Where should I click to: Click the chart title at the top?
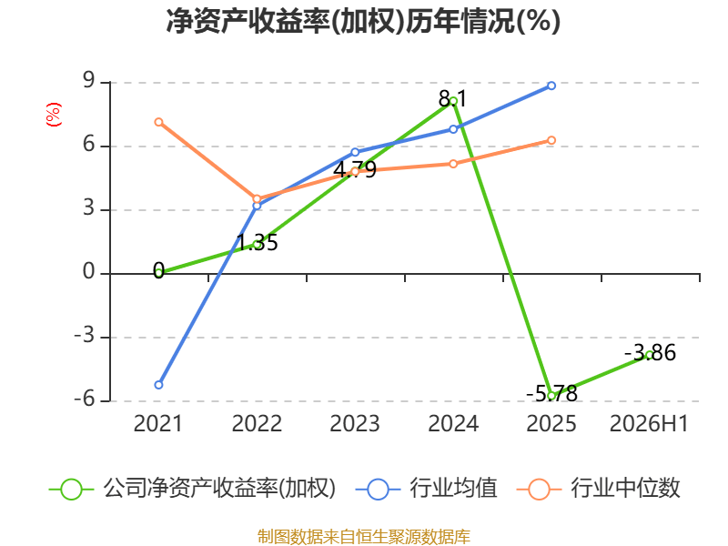(x=363, y=21)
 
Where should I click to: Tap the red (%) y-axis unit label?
(x=54, y=115)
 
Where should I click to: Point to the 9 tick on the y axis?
(x=88, y=81)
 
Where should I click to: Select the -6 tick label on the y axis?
(x=85, y=399)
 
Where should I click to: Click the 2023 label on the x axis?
(x=355, y=424)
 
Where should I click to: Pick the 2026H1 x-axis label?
(x=649, y=424)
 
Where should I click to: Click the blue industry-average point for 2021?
(x=158, y=385)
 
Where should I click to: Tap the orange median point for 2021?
(x=158, y=122)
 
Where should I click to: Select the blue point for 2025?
(x=551, y=86)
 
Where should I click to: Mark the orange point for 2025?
(x=551, y=140)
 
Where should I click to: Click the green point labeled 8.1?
(x=453, y=101)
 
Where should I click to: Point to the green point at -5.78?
(x=551, y=396)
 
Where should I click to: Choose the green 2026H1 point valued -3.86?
(x=649, y=355)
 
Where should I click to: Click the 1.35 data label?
(x=258, y=243)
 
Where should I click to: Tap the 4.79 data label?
(x=355, y=170)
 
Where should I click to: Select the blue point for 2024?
(x=453, y=129)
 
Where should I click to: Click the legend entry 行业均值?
(x=426, y=489)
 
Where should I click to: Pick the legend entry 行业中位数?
(x=599, y=489)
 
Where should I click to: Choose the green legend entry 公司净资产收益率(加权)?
(x=192, y=489)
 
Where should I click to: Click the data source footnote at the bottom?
(x=364, y=537)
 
